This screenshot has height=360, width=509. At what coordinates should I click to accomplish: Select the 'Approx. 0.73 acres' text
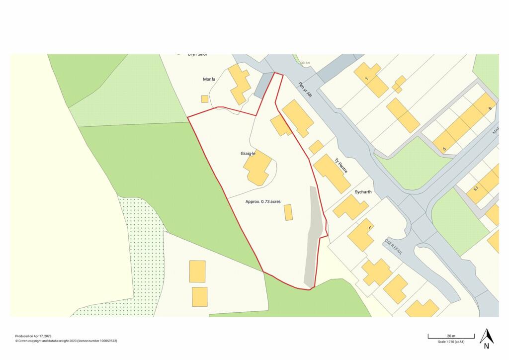click(x=263, y=201)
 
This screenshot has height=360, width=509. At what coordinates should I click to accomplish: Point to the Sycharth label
click(x=363, y=191)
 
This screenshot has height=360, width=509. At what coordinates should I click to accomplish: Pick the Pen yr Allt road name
click(x=305, y=89)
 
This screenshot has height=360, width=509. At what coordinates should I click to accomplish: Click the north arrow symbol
click(x=486, y=338)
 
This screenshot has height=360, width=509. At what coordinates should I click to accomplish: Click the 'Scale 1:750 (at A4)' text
click(x=451, y=342)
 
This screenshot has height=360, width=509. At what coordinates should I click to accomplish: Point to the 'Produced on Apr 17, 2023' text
click(x=34, y=336)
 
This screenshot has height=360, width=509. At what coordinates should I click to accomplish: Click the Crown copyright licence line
click(x=66, y=341)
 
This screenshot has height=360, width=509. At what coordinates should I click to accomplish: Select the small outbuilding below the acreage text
click(x=288, y=212)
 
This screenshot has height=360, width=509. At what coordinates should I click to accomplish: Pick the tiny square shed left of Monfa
click(x=205, y=99)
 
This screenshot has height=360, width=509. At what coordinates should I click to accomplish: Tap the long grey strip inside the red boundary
click(x=312, y=239)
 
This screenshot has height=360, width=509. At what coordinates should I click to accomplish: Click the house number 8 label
click(x=490, y=108)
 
